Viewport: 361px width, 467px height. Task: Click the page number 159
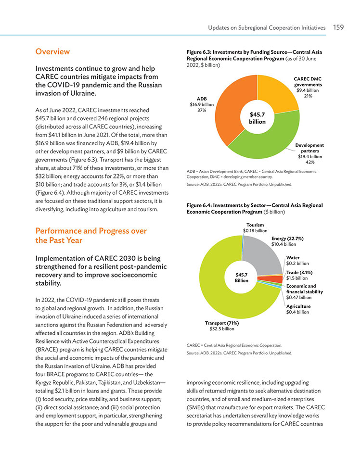tap(338, 27)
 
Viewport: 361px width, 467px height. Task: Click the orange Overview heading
tap(52, 51)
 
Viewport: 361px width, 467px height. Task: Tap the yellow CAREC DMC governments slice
tap(276, 92)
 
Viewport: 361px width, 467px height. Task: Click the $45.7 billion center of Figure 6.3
tap(257, 118)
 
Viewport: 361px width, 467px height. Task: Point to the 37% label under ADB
tap(202, 110)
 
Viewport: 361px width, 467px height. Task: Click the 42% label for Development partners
tap(310, 162)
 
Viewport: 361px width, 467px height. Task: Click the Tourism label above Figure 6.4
tap(255, 225)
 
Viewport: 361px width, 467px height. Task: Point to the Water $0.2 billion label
tap(297, 261)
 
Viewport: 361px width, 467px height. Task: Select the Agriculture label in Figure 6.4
tap(298, 306)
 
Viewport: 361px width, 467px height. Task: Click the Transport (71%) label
tap(222, 323)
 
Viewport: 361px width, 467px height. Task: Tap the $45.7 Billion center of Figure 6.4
tap(242, 278)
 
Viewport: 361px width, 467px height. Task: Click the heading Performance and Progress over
tap(91, 231)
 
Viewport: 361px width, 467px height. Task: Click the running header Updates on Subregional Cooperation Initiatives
tap(267, 28)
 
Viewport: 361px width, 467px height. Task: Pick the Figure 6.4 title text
tap(255, 208)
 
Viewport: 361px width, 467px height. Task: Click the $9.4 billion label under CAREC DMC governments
tap(308, 90)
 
